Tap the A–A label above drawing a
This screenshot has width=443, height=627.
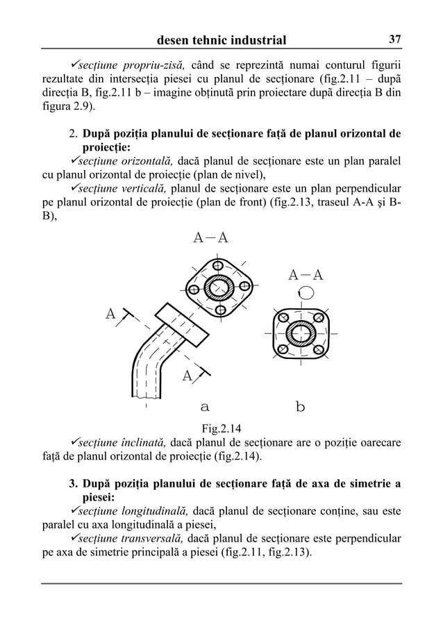pos(210,238)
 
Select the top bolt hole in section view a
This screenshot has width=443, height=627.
pos(218,265)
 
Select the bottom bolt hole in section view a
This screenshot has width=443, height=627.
pos(220,309)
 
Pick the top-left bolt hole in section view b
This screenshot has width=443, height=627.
pos(283,319)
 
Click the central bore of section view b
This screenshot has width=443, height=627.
pos(301,335)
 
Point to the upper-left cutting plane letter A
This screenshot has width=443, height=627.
pos(110,314)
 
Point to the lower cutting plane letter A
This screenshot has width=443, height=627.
pos(187,376)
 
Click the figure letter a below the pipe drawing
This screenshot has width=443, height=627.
pos(205,406)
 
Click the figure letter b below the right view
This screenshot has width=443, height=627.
pos(300,406)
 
